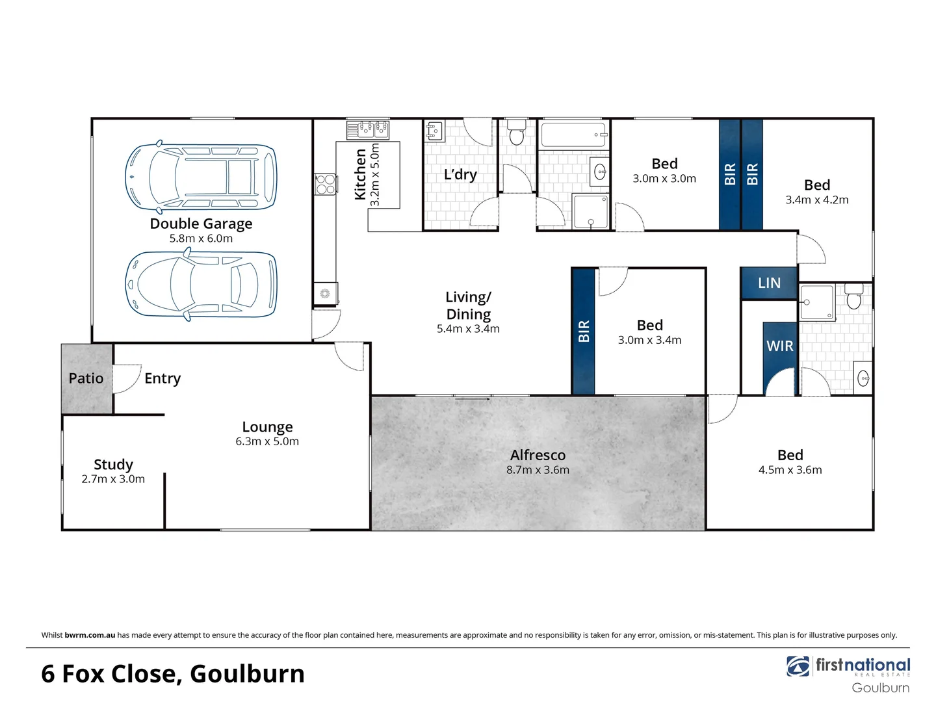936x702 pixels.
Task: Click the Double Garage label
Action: coord(201,224)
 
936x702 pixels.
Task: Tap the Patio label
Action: coord(86,378)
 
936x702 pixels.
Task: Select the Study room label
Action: coord(113,464)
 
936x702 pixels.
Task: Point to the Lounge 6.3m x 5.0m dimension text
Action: coord(267,441)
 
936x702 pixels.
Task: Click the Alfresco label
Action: coord(538,455)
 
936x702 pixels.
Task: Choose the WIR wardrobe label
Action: coord(779,346)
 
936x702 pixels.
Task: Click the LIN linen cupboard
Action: coord(769,283)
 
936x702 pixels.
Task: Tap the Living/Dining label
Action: coord(468,305)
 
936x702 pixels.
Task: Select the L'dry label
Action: coord(460,174)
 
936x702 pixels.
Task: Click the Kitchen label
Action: coord(360,174)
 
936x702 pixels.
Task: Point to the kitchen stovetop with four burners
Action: coord(325,184)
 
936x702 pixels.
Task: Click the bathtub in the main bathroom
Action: coord(573,135)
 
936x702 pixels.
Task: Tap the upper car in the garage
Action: coord(201,177)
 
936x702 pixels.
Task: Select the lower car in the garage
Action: coord(201,285)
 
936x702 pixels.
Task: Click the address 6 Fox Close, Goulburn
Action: coord(173,673)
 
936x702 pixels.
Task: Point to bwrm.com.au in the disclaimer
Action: coord(90,635)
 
